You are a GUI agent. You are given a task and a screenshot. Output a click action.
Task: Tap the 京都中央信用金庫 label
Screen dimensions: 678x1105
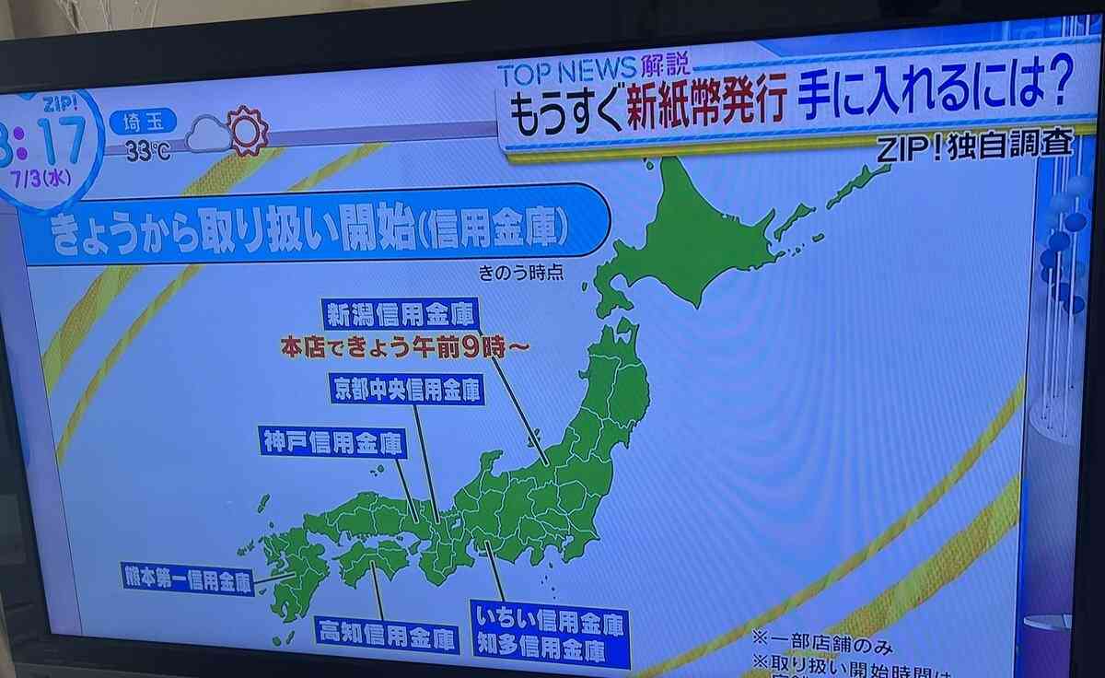click(407, 389)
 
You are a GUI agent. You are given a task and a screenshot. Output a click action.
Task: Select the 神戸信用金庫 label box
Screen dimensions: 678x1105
click(331, 443)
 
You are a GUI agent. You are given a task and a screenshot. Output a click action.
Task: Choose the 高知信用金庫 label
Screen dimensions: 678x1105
click(387, 635)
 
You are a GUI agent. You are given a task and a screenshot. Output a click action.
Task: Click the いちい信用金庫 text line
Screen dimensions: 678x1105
click(550, 624)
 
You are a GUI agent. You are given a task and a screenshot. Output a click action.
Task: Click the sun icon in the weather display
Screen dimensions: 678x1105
click(247, 131)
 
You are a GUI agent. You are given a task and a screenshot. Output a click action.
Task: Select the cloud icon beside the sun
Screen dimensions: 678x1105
click(207, 138)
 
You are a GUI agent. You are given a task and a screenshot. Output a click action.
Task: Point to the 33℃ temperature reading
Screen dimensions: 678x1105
click(147, 152)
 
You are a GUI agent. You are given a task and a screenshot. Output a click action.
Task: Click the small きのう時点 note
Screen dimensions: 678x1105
click(520, 273)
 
